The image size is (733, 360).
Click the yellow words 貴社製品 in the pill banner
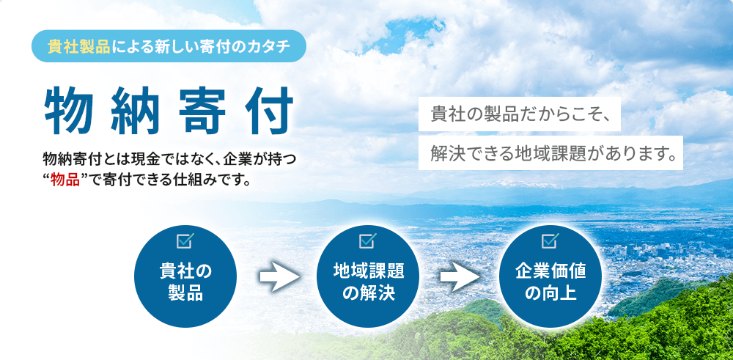point(78,47)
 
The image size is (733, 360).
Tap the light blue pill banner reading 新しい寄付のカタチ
point(169,46)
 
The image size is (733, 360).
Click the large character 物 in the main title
point(68,111)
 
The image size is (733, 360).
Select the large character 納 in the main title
point(135,111)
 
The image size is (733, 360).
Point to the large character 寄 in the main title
point(202,111)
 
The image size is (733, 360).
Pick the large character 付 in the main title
point(269,111)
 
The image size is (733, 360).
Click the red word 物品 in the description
point(65,180)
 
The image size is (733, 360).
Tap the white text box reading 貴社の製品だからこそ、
point(520,114)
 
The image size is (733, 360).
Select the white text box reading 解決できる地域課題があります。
point(550,153)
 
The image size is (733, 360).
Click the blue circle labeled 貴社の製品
point(185,276)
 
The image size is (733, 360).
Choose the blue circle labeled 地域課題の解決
point(368,276)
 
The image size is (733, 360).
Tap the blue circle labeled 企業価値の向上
point(550,276)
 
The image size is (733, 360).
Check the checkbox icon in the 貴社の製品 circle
point(185,240)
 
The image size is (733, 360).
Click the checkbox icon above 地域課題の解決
point(368,240)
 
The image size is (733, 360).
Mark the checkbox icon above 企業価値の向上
point(550,240)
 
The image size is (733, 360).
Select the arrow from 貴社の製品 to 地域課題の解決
point(279,276)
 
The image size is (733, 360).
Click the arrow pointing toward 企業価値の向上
point(460,276)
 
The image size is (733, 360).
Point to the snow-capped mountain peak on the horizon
point(512,184)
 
